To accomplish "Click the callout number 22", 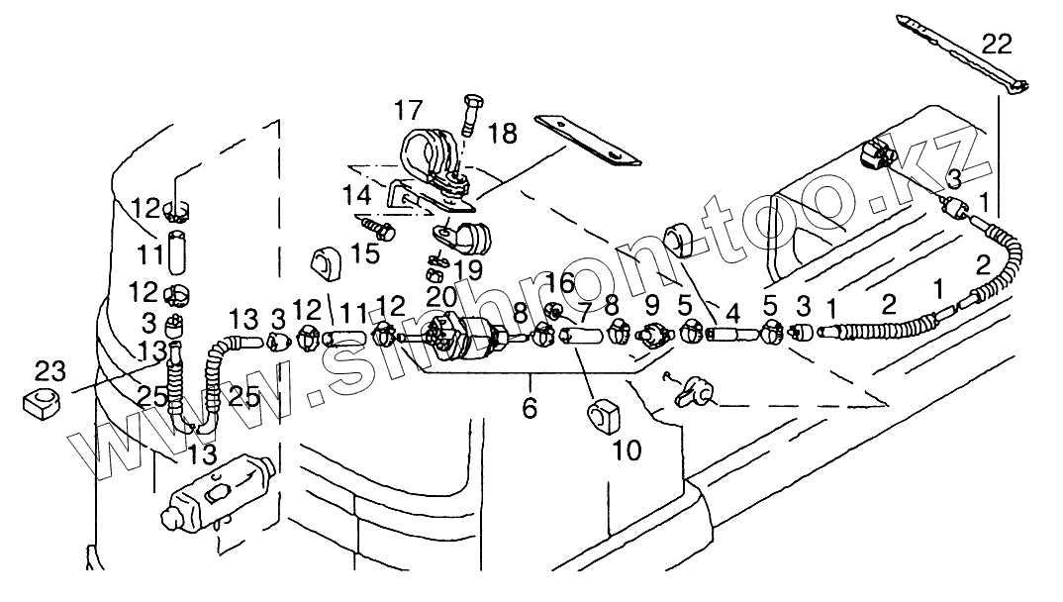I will pos(998,43).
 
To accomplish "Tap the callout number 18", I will pos(503,133).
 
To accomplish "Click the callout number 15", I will pos(364,254).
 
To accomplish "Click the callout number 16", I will pos(559,284).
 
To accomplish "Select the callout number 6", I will pos(530,407).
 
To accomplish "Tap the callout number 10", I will pos(627,451).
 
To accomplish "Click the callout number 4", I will pos(732,312).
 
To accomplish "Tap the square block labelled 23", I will pos(40,402).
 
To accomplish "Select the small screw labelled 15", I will pos(378,228).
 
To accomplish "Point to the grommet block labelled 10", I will pos(603,415).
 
